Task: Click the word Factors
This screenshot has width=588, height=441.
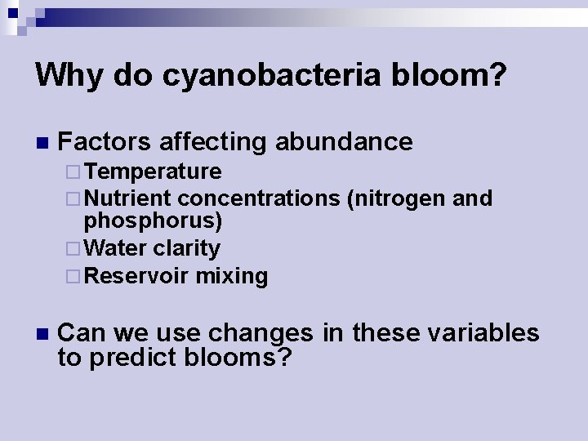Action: click(105, 142)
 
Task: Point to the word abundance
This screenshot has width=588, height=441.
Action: click(344, 142)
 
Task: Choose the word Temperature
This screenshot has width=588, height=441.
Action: click(153, 171)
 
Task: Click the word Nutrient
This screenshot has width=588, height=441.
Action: click(127, 198)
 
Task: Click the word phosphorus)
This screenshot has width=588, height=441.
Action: click(154, 220)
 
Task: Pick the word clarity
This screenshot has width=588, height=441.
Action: click(187, 248)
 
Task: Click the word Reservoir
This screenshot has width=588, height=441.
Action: click(136, 276)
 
